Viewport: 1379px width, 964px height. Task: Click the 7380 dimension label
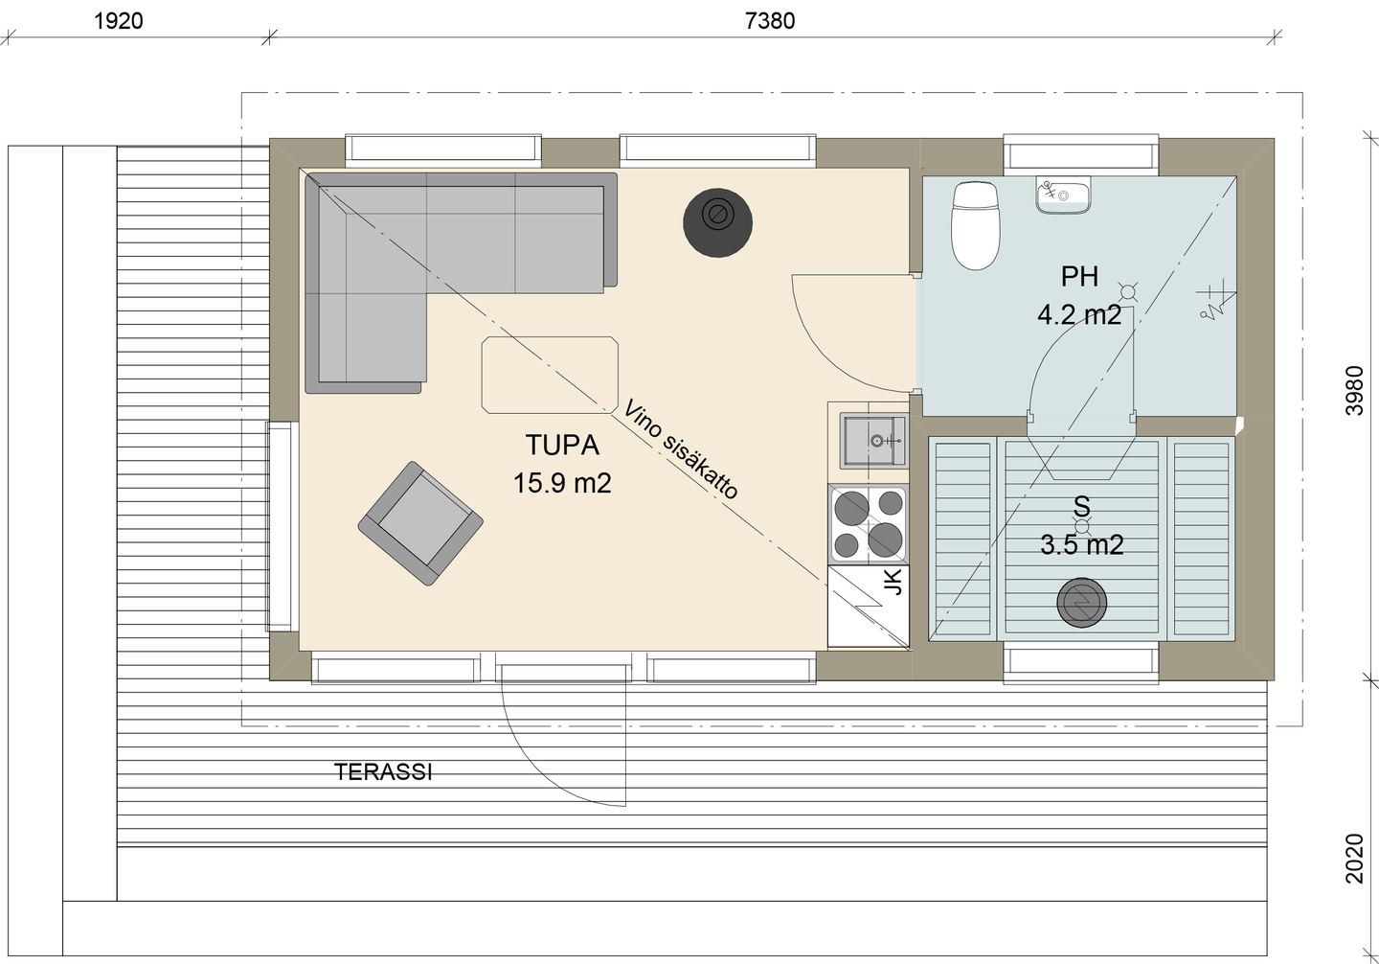769,20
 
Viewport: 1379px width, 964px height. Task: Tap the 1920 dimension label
118,20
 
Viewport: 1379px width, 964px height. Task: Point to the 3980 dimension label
1354,390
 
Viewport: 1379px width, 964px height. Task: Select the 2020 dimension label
1354,858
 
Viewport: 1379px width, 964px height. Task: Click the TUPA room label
562,445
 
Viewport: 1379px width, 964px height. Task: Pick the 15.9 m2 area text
562,483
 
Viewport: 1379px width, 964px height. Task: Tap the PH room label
1079,277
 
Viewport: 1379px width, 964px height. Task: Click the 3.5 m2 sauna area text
1082,545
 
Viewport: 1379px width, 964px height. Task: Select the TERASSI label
383,772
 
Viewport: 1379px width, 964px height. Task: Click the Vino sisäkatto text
681,450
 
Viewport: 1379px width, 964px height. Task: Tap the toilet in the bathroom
975,225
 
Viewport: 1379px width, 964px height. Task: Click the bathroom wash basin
1063,195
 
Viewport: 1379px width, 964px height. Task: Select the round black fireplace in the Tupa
716,223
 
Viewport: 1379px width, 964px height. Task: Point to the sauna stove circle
1082,603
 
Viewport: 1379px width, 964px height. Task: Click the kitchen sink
872,440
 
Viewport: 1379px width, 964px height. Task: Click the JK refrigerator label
893,581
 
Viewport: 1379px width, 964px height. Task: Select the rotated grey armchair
420,523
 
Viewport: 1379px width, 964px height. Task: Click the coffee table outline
550,375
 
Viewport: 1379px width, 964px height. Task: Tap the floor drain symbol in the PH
1127,293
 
